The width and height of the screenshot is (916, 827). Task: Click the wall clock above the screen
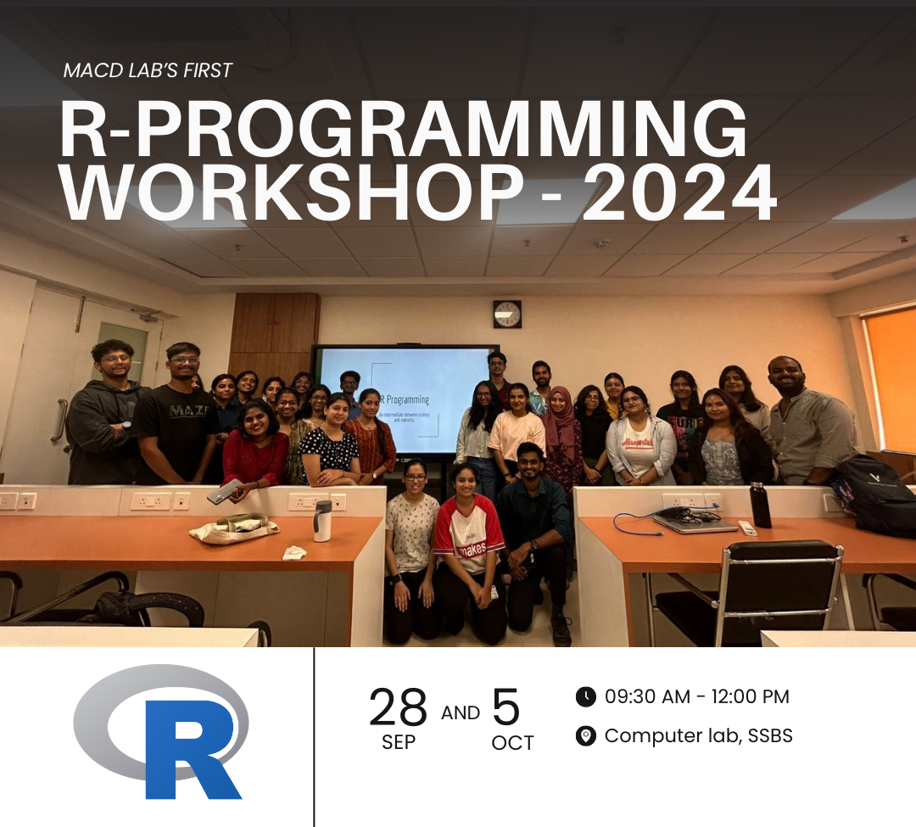coord(507,314)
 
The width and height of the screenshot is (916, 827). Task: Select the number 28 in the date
coord(398,708)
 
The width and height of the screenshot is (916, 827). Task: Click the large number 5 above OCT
coord(505,708)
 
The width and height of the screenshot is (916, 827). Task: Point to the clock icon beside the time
coord(585,697)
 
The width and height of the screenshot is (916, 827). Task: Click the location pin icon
coord(585,735)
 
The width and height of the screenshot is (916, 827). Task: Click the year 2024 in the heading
coord(679,193)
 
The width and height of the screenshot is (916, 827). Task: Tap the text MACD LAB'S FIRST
coord(148,70)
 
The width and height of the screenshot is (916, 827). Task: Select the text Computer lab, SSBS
coord(698,735)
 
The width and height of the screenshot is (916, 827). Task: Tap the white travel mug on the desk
coord(322,520)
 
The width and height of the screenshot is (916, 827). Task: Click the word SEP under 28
coord(398,743)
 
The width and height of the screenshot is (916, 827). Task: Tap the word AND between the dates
coord(461,713)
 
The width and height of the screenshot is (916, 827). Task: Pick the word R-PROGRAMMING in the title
coord(403,131)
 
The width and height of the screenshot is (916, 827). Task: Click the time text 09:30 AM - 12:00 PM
coord(696,697)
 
